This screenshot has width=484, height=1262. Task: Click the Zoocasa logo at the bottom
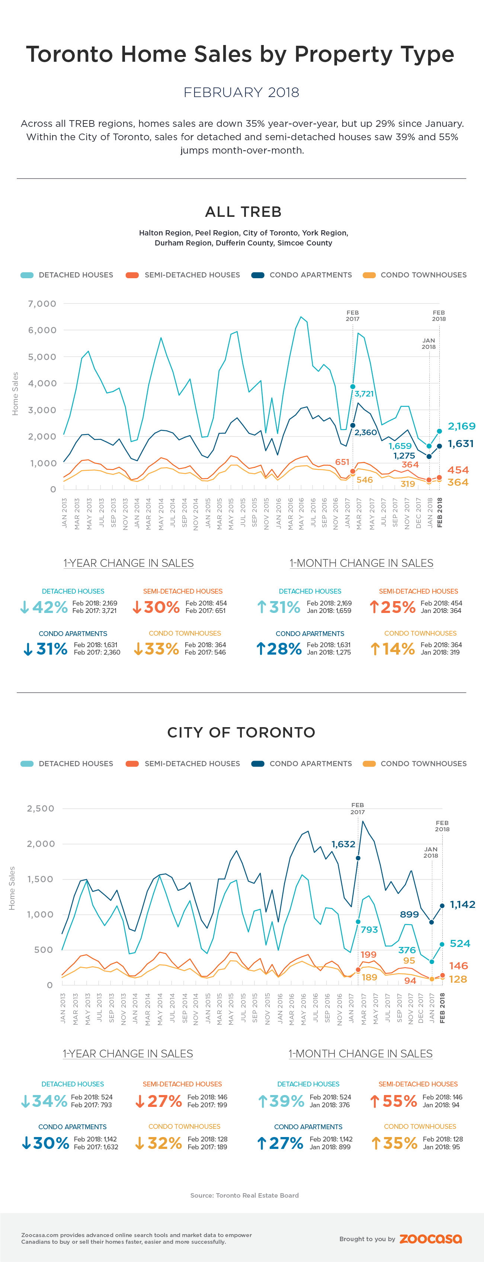[x=430, y=1239]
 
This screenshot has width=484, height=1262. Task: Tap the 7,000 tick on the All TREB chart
[x=42, y=304]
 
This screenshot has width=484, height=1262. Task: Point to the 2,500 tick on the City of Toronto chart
[x=41, y=808]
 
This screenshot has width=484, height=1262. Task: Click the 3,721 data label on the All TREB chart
[x=364, y=394]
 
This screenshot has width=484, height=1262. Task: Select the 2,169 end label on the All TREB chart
[x=461, y=426]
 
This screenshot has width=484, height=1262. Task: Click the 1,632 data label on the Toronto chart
[x=343, y=844]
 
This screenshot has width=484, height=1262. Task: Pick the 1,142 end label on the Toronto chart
[x=462, y=904]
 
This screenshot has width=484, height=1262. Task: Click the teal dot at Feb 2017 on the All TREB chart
[x=353, y=386]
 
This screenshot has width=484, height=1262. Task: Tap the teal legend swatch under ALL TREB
[x=27, y=275]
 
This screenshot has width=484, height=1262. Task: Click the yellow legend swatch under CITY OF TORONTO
[x=369, y=764]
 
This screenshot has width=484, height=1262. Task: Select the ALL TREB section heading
[x=243, y=212]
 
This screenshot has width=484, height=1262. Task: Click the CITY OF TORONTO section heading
[x=241, y=732]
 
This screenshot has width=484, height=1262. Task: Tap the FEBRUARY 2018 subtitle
[x=241, y=93]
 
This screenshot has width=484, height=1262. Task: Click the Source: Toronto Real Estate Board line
[x=244, y=1195]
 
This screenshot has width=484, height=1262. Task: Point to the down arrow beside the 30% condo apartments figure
[x=26, y=1143]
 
